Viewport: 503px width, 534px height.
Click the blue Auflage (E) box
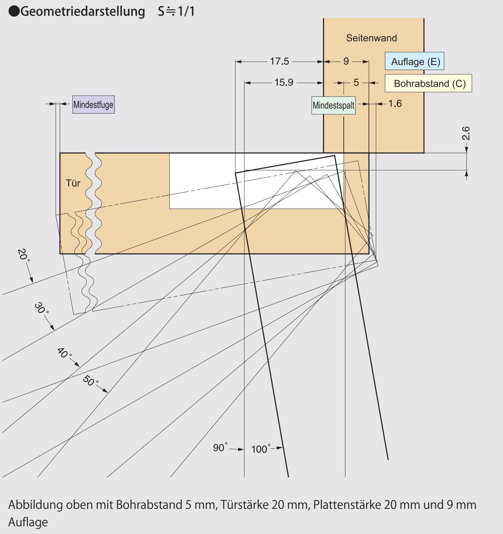[x=414, y=61]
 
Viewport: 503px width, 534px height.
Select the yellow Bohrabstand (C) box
[x=428, y=83]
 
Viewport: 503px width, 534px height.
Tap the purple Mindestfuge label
[x=93, y=105]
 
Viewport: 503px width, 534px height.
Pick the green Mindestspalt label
[x=333, y=105]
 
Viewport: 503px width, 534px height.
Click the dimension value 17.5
[x=279, y=61]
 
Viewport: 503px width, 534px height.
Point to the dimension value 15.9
[x=284, y=82]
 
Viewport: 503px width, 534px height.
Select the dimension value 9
[x=346, y=61]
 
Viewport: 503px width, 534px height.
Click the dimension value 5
[x=356, y=82]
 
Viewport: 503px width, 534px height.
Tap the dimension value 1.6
[x=395, y=104]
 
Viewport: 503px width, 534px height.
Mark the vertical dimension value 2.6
[x=466, y=133]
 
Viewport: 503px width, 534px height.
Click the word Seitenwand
[x=372, y=38]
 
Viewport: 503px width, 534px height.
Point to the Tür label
[x=73, y=183]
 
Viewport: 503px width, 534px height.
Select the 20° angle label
[x=23, y=255]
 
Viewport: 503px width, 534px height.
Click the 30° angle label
[x=42, y=308]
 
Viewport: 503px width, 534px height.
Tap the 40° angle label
[x=64, y=353]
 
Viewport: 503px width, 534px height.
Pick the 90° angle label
[x=220, y=448]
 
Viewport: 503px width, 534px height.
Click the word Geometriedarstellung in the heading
[x=83, y=11]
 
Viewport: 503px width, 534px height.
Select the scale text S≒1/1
[x=176, y=11]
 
